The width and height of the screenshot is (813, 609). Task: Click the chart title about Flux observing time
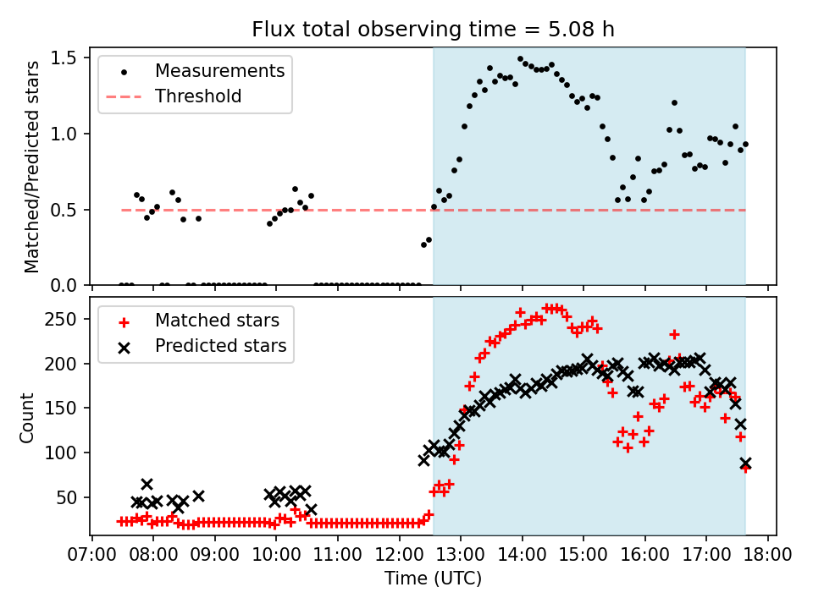(433, 30)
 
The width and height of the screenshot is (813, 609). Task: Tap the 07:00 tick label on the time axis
(91, 557)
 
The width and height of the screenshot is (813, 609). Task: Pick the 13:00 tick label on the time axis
(461, 557)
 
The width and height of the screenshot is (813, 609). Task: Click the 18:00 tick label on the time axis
(768, 557)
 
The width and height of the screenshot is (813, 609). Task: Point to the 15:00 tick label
(583, 557)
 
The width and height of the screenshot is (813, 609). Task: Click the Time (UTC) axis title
(433, 579)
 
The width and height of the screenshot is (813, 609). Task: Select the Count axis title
(28, 417)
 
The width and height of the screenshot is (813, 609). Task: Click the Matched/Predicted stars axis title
(32, 167)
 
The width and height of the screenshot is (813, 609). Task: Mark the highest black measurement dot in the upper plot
(520, 59)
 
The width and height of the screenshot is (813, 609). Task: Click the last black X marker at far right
(745, 464)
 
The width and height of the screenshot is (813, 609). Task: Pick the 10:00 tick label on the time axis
(276, 557)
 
